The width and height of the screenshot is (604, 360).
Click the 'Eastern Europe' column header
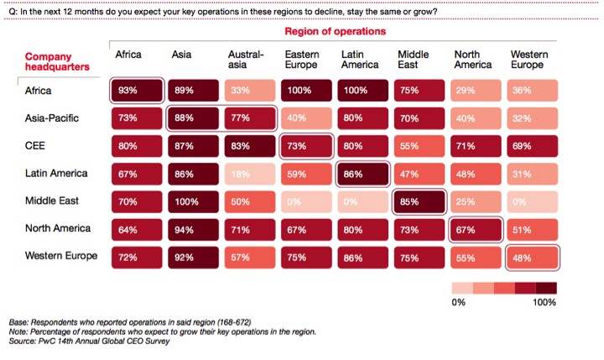point(301,60)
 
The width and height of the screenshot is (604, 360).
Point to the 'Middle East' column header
point(413,60)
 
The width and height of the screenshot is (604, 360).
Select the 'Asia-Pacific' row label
point(51,118)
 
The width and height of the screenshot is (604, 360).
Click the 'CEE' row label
point(35,146)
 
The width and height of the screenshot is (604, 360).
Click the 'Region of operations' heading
point(335,31)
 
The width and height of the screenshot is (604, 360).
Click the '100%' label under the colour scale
point(544,301)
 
